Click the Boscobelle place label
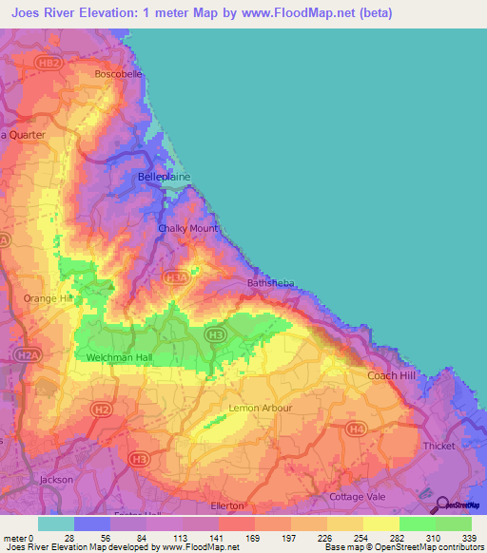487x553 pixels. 118,73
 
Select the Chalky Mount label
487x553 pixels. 188,229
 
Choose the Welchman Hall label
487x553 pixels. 118,357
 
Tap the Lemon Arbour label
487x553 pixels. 261,409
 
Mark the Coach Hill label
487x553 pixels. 392,375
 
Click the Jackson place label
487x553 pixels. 56,480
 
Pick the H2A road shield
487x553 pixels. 29,354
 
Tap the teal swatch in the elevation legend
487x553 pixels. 55,524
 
